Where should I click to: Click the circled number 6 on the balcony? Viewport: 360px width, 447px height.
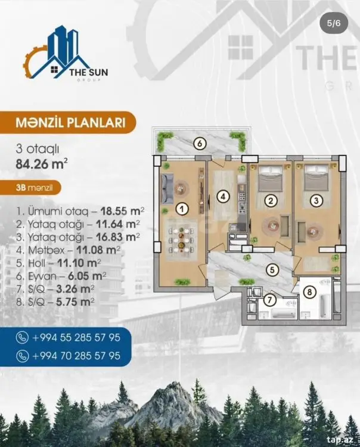point(200,144)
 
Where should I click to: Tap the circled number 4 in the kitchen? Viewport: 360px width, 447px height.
point(223,197)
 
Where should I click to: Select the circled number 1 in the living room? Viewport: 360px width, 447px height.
point(182,210)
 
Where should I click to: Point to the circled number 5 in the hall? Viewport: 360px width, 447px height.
point(272,269)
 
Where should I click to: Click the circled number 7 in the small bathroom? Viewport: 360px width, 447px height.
point(269,300)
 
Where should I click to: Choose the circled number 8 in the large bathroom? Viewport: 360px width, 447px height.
point(310,292)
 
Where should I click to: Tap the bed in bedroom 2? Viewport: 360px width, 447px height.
point(270,178)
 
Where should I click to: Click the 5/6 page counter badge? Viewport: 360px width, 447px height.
point(334,23)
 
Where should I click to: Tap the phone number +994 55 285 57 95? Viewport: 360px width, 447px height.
point(76,337)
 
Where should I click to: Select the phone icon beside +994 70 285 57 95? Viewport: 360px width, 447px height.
point(22,356)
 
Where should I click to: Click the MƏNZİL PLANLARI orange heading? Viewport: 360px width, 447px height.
point(70,123)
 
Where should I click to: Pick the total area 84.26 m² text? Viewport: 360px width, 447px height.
point(42,164)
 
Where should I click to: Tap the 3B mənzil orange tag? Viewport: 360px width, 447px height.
point(35,188)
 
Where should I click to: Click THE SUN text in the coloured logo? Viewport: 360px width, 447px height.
point(89,72)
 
